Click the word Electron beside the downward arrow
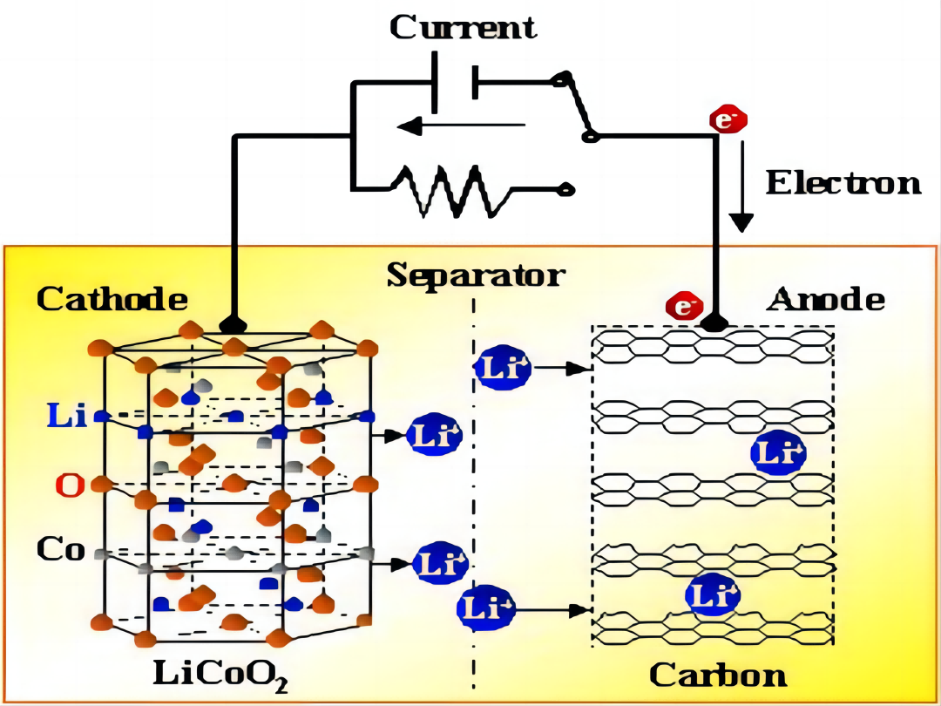pyautogui.click(x=843, y=183)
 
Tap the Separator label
pyautogui.click(x=476, y=275)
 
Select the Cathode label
pyautogui.click(x=112, y=299)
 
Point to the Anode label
pyautogui.click(x=825, y=299)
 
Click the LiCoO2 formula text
pyautogui.click(x=221, y=674)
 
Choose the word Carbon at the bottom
pyautogui.click(x=718, y=674)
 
